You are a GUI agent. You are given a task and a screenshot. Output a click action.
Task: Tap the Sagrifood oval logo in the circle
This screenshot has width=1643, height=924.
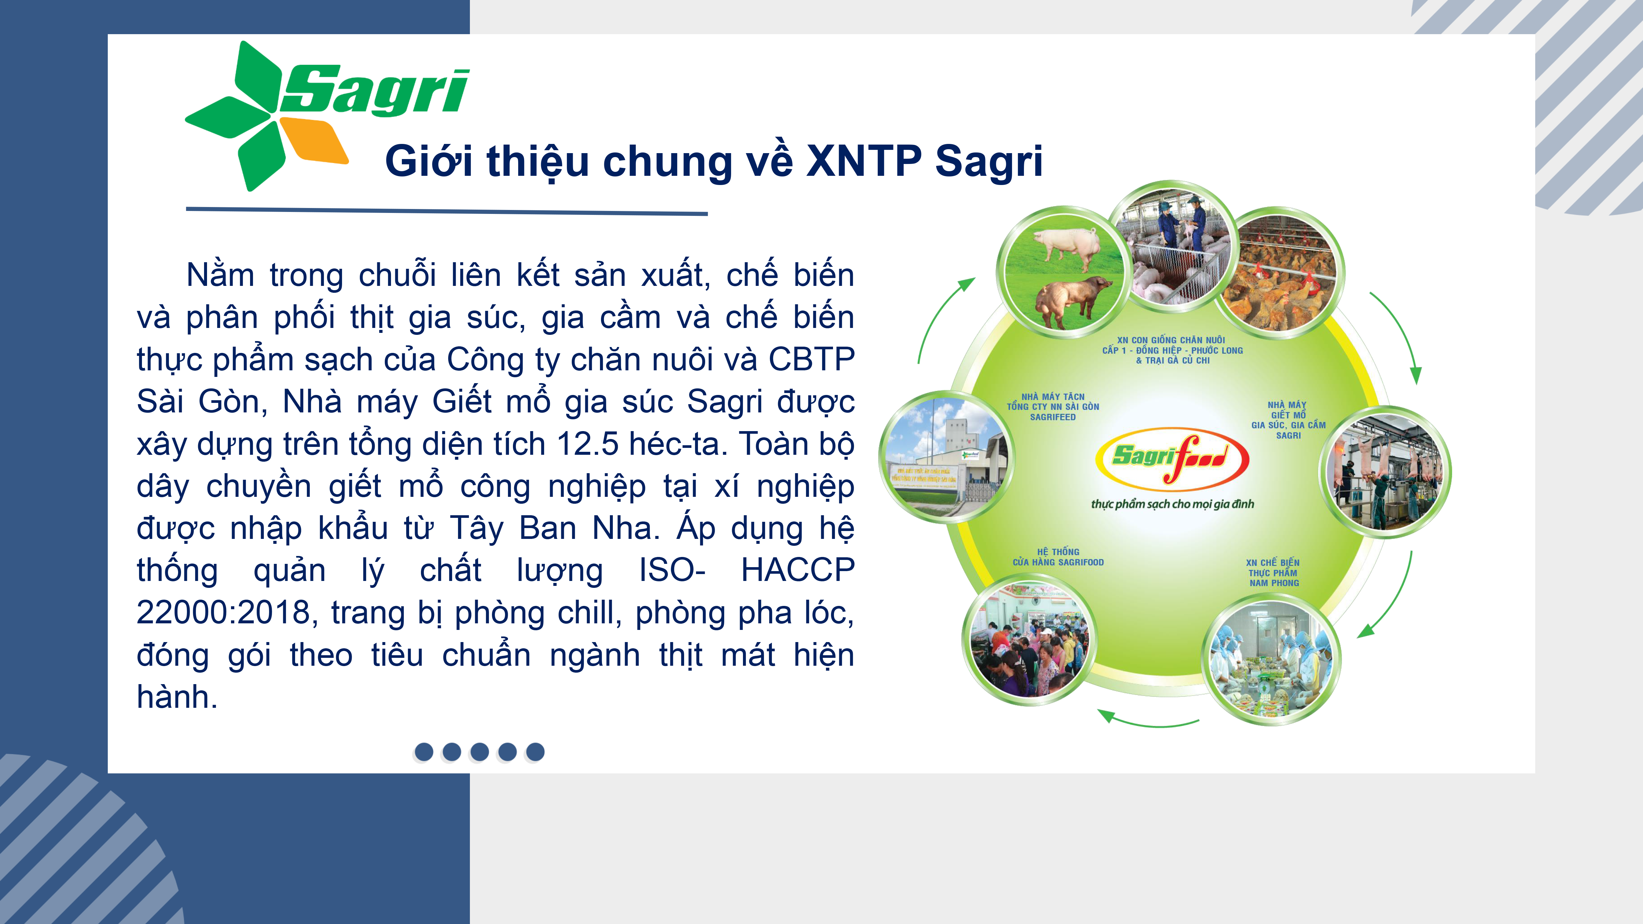[1172, 458]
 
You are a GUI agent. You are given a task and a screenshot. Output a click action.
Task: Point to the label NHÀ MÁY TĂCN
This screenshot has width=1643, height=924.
[1053, 397]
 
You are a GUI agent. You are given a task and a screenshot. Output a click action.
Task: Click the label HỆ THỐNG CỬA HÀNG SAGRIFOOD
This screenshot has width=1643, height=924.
[1058, 557]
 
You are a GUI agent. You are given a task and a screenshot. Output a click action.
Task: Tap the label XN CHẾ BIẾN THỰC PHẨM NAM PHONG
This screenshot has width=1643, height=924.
[1273, 573]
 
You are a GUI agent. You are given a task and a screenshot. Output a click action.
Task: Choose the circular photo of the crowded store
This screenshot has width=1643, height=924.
[1030, 639]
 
